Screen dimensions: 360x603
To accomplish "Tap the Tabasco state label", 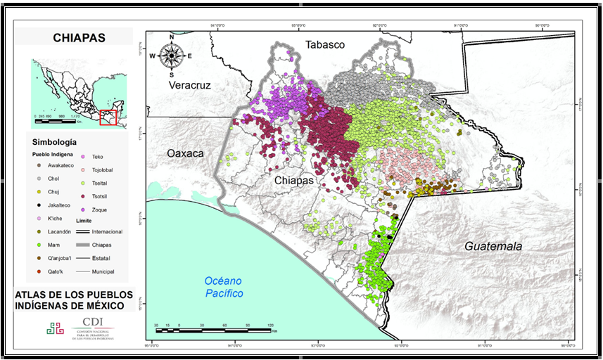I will coord(324,45).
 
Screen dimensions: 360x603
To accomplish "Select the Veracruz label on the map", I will coord(189,85).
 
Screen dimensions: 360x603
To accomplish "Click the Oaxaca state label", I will coord(184,153).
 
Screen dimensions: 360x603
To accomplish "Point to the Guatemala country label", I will coord(493,246).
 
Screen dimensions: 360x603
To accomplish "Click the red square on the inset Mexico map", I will coord(107,117).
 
